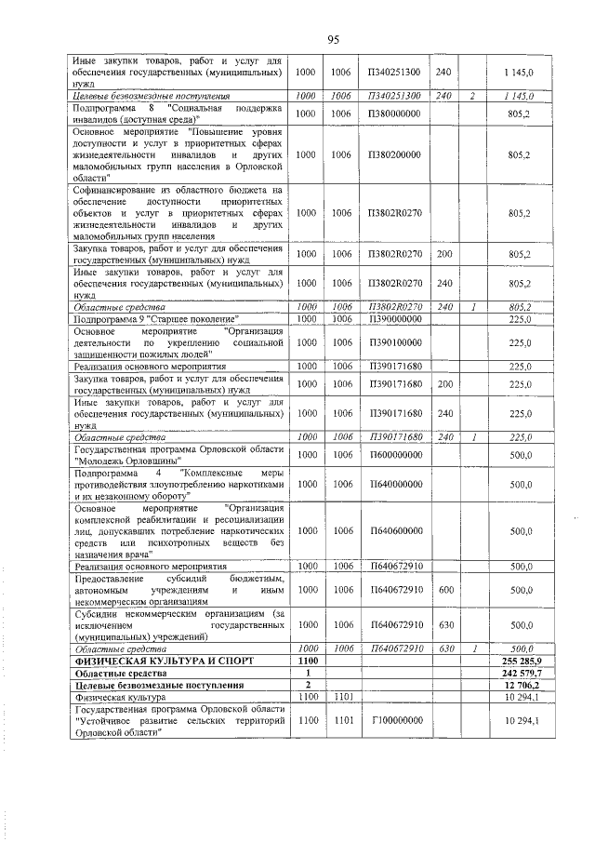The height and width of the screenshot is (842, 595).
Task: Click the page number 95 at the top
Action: click(332, 38)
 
